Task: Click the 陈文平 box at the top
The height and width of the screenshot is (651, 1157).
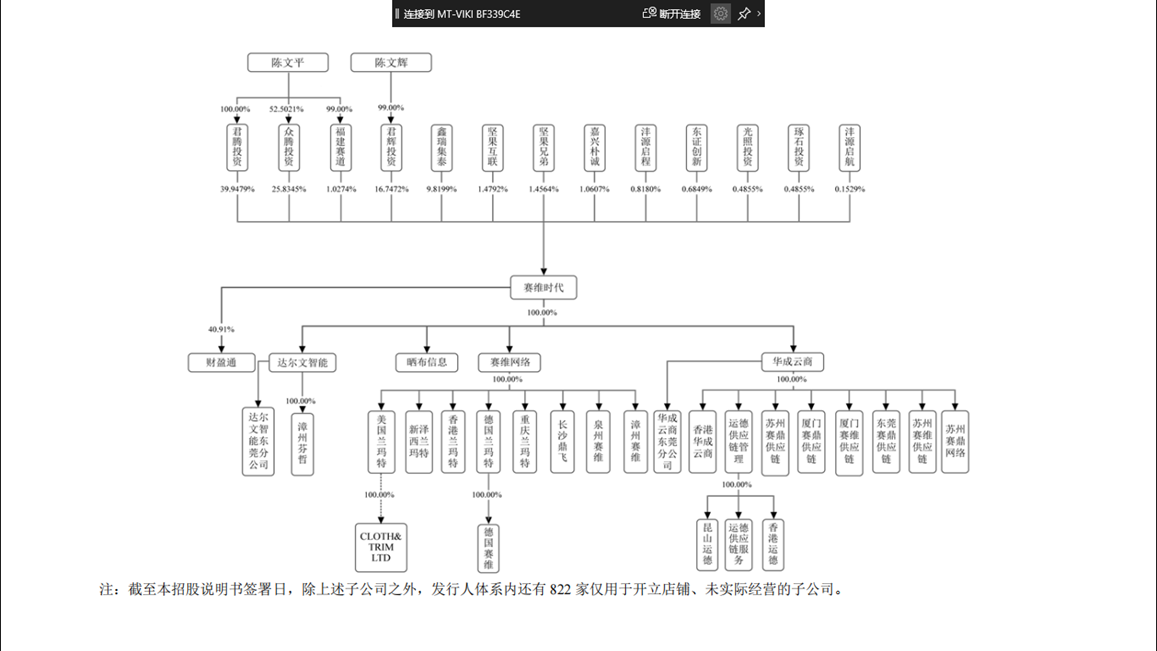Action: (288, 63)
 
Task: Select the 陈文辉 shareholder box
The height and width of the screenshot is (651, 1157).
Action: (391, 63)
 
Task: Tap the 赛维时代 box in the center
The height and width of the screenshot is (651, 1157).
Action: (543, 288)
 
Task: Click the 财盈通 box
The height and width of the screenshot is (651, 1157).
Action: (221, 362)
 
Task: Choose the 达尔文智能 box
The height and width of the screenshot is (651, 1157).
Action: (302, 362)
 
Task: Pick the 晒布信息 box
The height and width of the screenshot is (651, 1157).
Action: (427, 362)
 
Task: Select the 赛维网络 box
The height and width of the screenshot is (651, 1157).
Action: (509, 362)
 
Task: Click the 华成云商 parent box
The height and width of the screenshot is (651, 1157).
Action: (792, 362)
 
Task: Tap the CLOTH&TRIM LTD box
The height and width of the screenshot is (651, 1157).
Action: (381, 547)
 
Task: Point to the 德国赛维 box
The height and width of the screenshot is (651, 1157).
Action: (489, 547)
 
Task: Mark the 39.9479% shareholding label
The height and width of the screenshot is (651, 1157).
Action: (237, 189)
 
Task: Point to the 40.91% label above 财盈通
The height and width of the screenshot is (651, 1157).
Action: (221, 329)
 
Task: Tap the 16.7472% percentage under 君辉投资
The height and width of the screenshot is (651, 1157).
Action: (391, 189)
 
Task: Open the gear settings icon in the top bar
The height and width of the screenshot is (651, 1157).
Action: (720, 14)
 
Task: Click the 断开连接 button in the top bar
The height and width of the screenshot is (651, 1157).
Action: (672, 14)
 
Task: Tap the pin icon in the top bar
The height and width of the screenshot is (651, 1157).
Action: (744, 14)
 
